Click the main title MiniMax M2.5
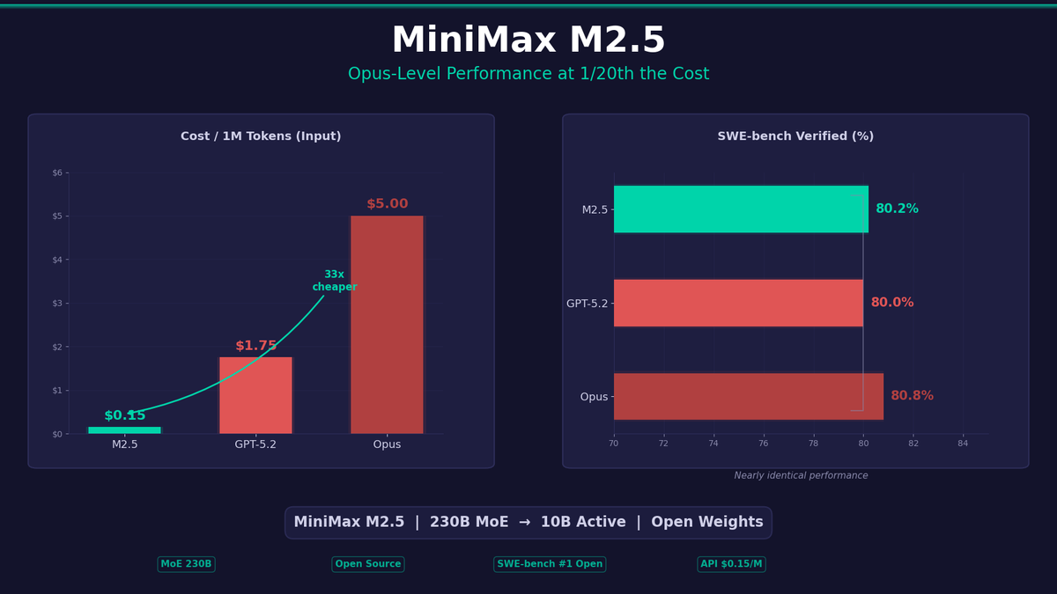coord(528,41)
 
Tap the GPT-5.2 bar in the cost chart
coord(255,395)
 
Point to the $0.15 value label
coord(124,415)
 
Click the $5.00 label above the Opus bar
coord(387,204)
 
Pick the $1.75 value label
coord(255,346)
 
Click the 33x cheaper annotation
coord(335,281)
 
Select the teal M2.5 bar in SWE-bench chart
coord(741,209)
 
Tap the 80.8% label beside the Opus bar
coord(912,396)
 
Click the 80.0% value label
coord(892,303)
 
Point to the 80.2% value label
coord(897,209)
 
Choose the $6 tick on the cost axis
coord(57,172)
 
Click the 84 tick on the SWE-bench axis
coord(963,443)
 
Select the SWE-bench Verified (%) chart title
coord(795,136)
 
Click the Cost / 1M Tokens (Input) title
coord(261,136)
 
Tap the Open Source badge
coord(368,564)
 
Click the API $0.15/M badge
coord(731,564)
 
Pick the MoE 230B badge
coord(186,564)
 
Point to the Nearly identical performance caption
coord(801,476)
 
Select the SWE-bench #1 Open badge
coord(550,564)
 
